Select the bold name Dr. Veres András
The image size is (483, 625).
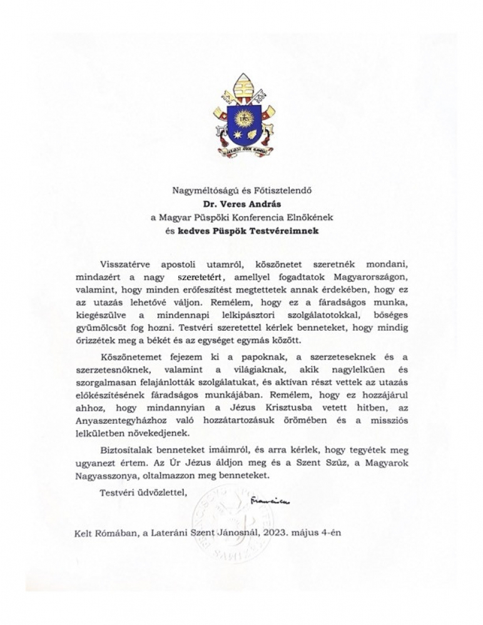coord(241,203)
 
